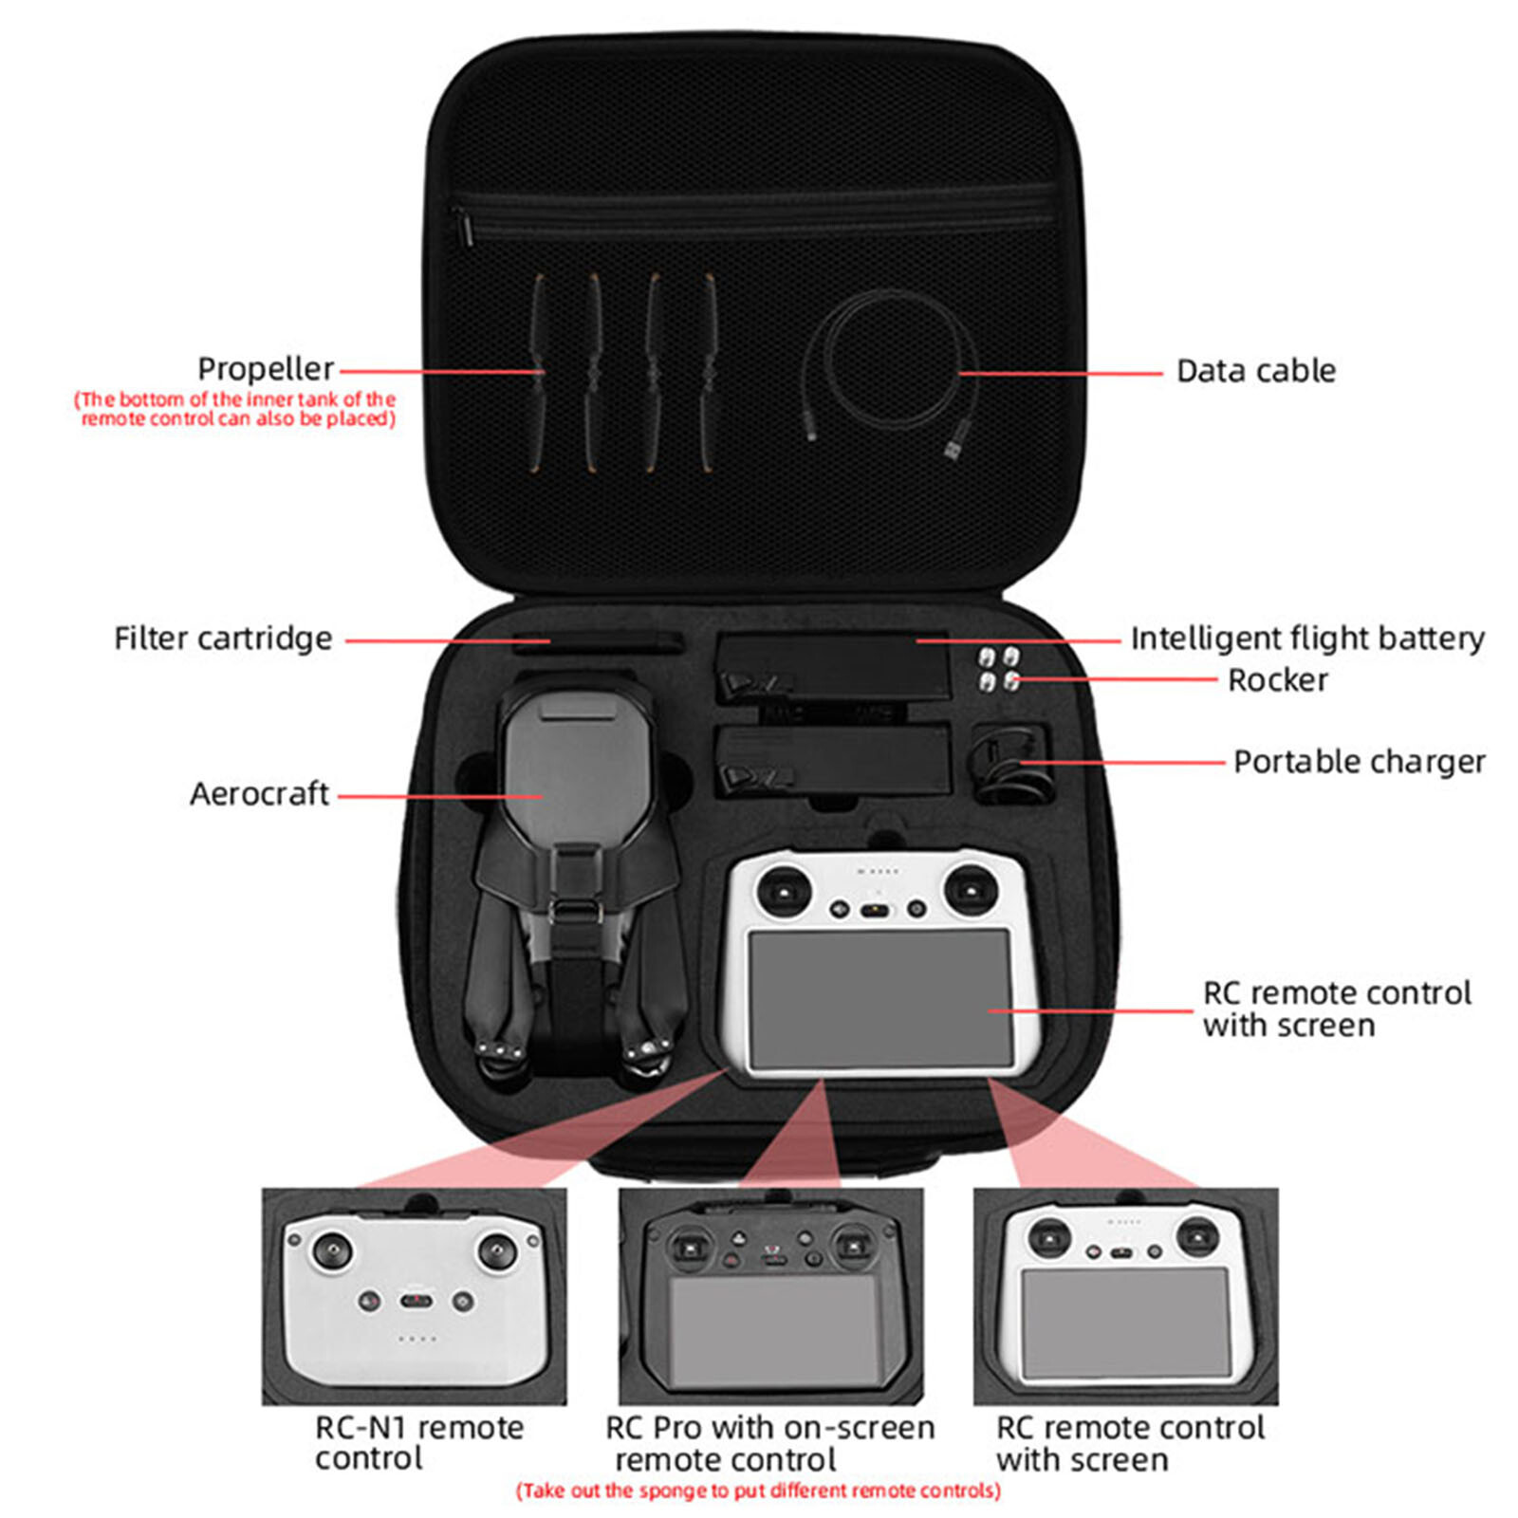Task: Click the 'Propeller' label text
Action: [x=266, y=369]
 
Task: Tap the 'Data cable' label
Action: [x=1255, y=371]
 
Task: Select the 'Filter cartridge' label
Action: [x=223, y=639]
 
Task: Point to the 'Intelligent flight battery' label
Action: [x=1306, y=639]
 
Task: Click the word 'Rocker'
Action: [x=1277, y=680]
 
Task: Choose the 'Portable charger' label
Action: [x=1359, y=762]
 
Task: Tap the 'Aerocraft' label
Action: [x=259, y=794]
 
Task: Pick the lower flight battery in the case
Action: [x=832, y=759]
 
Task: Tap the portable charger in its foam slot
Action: [x=1010, y=761]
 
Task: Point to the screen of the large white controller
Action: [x=879, y=997]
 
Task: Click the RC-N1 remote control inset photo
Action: [x=415, y=1296]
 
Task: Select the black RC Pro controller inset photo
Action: [x=770, y=1296]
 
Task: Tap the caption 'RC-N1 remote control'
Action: [x=418, y=1442]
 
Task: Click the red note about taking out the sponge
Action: [x=758, y=1490]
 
